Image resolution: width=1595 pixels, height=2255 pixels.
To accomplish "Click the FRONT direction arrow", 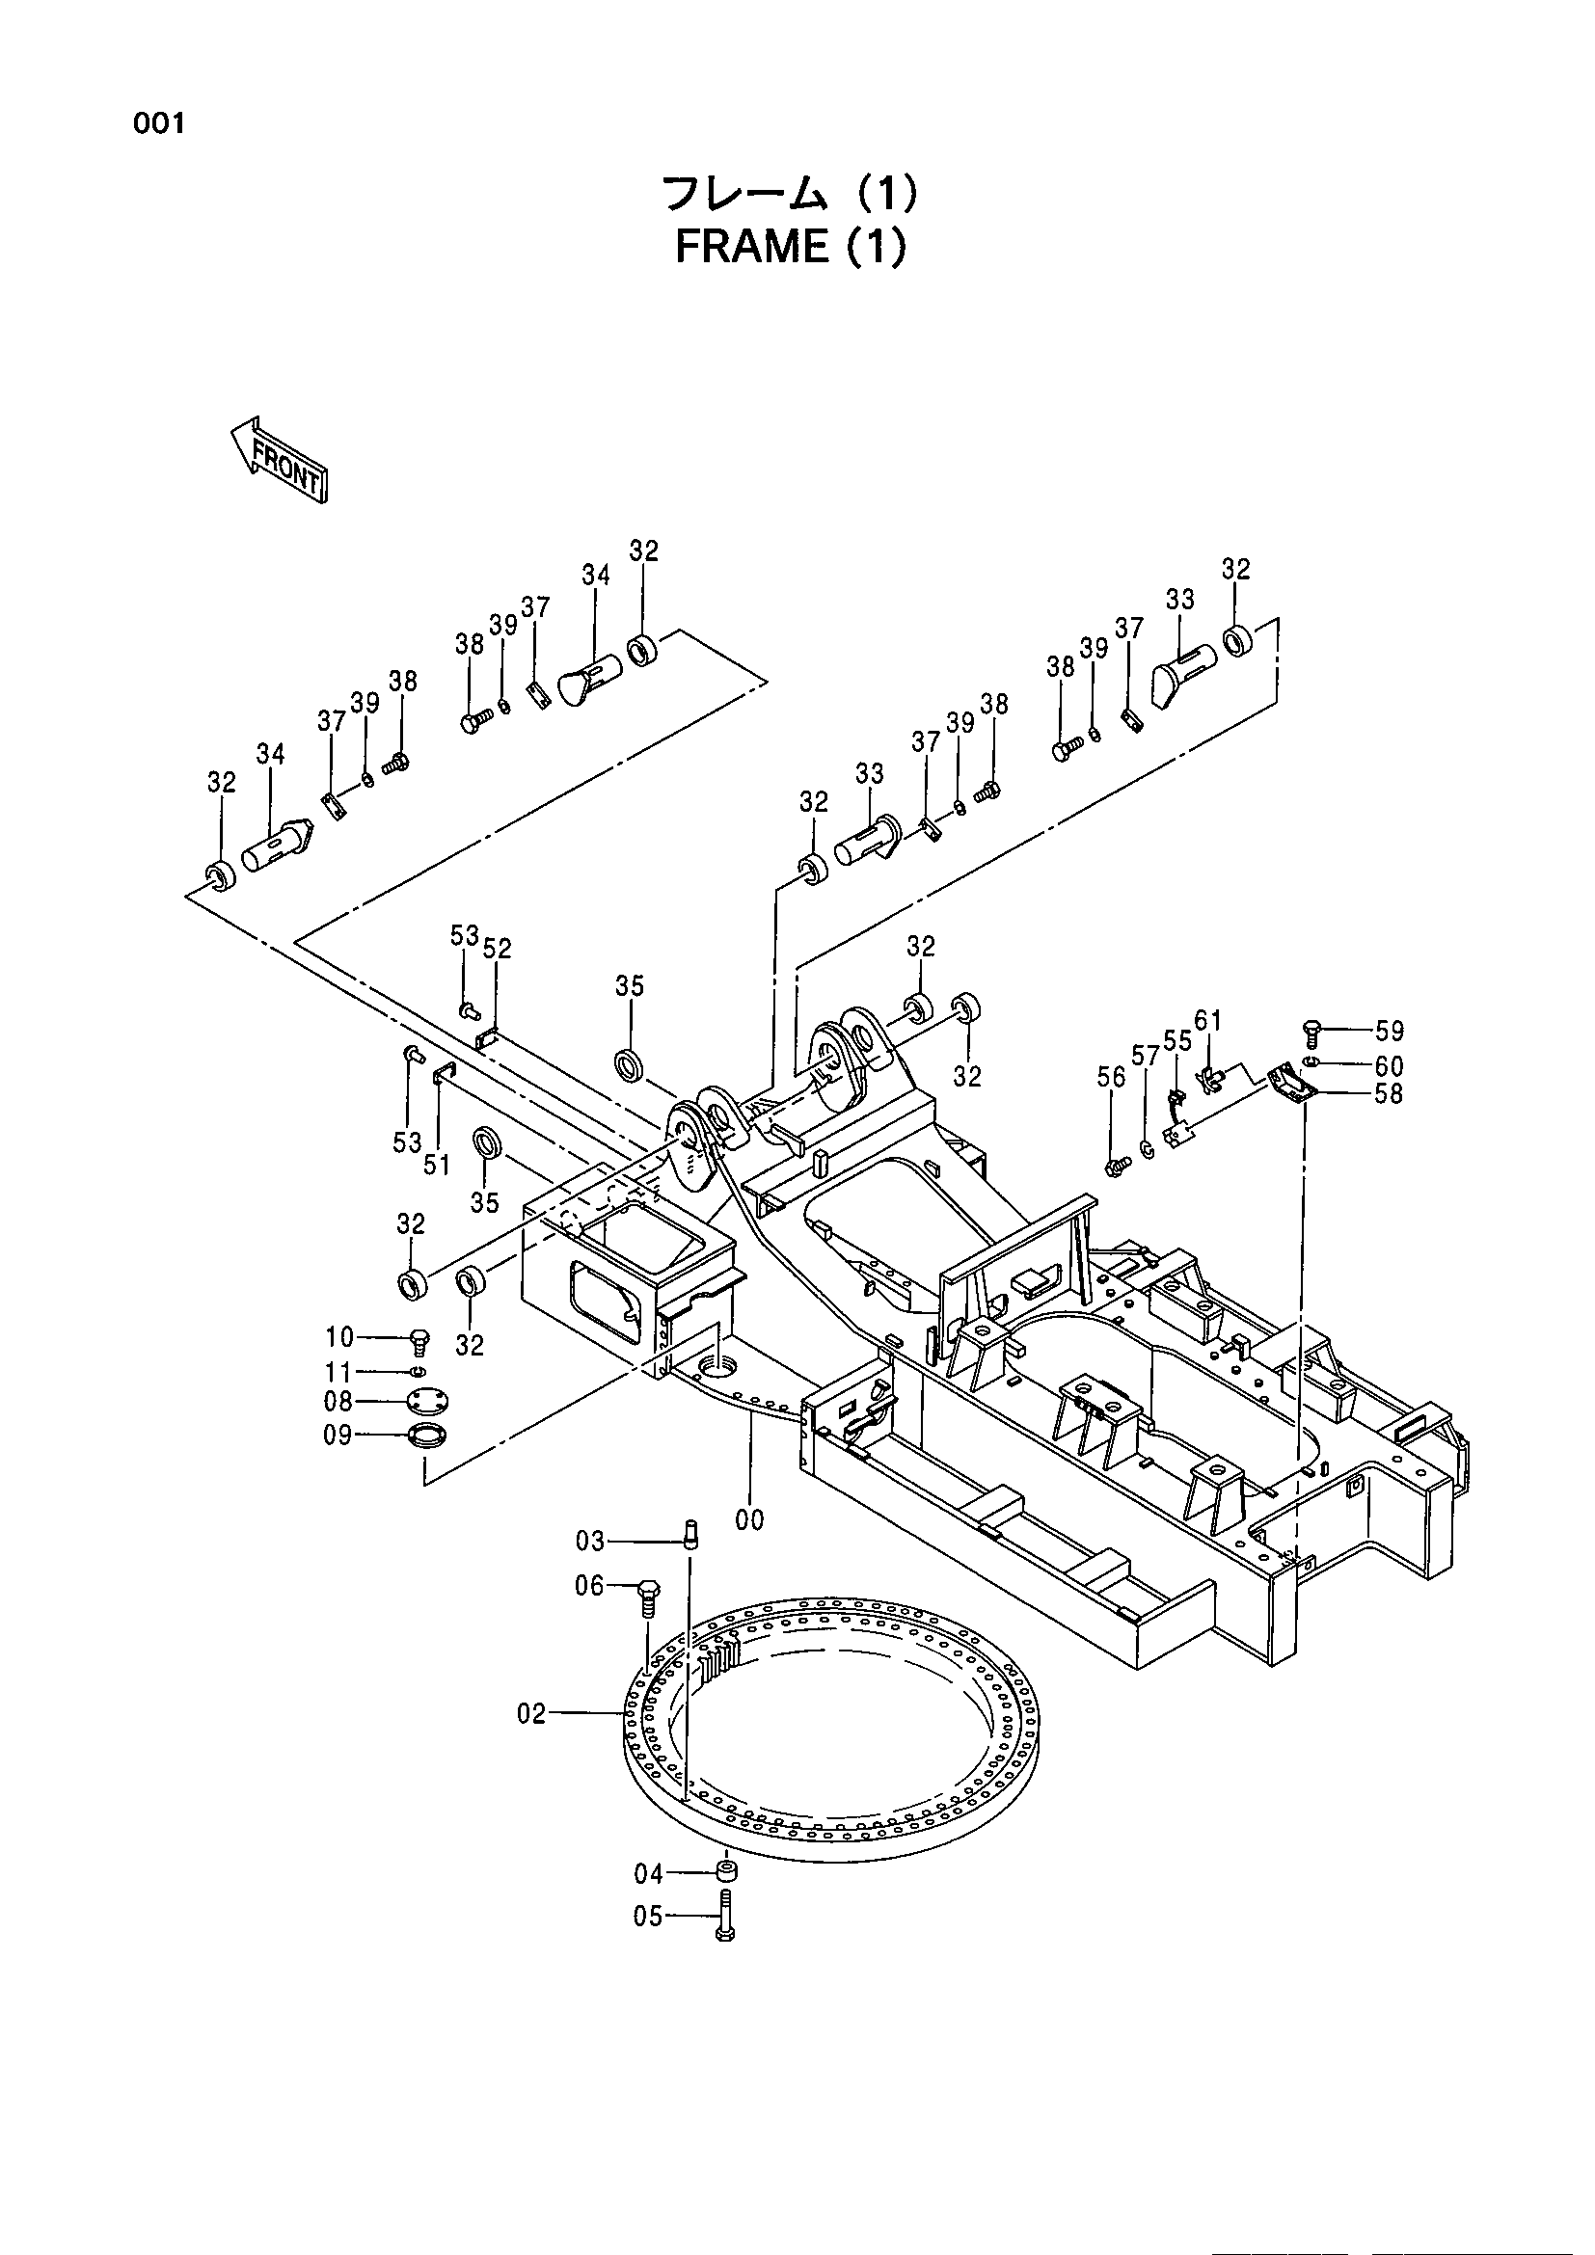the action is [278, 459].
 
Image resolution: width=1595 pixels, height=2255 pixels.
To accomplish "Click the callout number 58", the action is [1389, 1093].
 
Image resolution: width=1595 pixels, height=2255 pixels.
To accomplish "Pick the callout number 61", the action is [1208, 1020].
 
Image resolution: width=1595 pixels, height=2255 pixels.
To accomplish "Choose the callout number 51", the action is [436, 1165].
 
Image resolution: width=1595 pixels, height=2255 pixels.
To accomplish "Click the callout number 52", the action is [497, 948].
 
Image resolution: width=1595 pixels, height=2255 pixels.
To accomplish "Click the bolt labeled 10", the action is [419, 1340].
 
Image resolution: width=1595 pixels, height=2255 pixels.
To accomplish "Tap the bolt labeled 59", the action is [1313, 1031].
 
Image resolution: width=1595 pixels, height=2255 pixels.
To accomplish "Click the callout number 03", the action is [590, 1541].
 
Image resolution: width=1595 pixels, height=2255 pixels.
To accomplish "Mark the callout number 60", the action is [1389, 1065].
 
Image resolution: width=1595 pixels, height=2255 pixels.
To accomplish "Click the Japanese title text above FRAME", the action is [791, 194].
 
